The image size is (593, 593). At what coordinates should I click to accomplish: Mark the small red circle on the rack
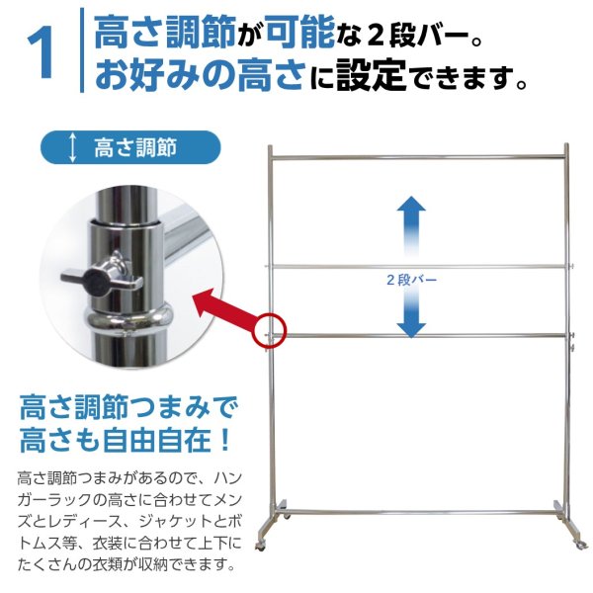click(x=270, y=330)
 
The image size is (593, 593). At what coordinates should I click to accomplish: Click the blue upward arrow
click(x=411, y=222)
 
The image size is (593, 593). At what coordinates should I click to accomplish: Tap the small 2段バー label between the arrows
click(x=411, y=280)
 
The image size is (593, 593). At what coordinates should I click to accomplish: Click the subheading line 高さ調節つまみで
click(x=128, y=407)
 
